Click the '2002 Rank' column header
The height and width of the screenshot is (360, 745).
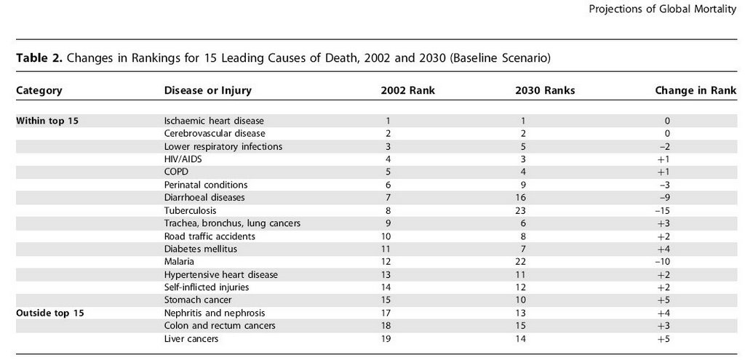pos(407,90)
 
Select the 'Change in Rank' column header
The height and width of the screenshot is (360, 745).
pos(696,90)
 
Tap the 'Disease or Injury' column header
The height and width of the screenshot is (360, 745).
pos(207,90)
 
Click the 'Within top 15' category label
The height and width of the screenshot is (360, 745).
pos(47,121)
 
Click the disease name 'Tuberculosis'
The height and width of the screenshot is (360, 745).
pos(190,210)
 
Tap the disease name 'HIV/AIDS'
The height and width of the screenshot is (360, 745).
pos(183,159)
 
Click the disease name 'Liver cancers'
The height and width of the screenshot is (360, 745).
pos(191,339)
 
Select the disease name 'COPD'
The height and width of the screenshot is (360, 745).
pos(176,172)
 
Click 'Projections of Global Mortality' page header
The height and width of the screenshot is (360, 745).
pos(662,9)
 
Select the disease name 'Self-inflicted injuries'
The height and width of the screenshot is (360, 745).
pos(207,287)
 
